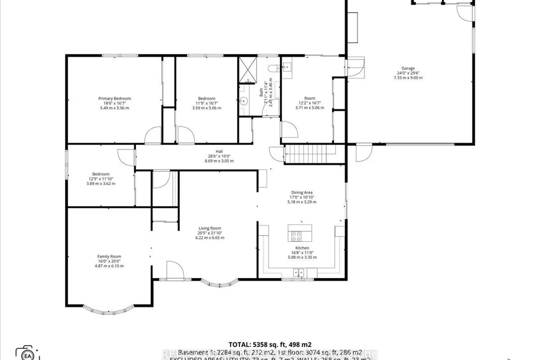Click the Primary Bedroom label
(x=114, y=99)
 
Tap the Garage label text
(x=408, y=68)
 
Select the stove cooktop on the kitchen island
(x=296, y=236)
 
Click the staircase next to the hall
(x=310, y=154)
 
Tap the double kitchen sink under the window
(x=298, y=272)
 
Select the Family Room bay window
(x=108, y=310)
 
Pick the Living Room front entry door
(x=174, y=270)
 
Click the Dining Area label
(x=302, y=193)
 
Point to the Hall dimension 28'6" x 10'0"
(x=219, y=156)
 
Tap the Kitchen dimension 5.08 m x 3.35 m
(x=302, y=257)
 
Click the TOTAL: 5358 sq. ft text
(x=270, y=345)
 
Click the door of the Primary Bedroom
(x=153, y=136)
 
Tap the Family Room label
(x=109, y=257)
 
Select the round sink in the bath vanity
(x=244, y=101)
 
